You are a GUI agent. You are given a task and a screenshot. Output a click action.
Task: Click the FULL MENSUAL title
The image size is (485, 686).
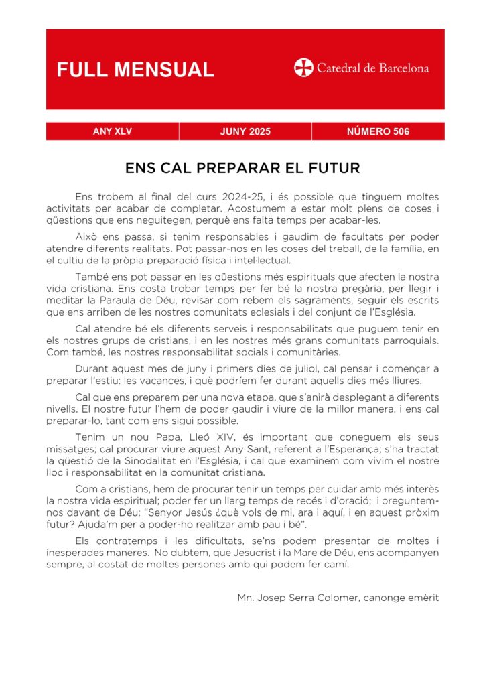click(x=135, y=70)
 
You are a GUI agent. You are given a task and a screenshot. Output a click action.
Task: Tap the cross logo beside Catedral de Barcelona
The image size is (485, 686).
click(x=303, y=68)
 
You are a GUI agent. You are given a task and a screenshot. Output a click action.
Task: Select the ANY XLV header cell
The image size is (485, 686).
click(x=112, y=131)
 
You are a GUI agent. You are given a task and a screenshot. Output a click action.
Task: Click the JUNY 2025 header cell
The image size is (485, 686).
click(x=245, y=131)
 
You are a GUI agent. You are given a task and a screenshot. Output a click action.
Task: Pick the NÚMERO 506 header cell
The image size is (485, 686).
click(x=378, y=131)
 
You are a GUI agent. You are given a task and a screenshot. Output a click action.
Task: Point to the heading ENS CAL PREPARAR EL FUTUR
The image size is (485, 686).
click(x=242, y=167)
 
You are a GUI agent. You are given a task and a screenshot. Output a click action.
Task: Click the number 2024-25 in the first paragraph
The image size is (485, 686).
click(x=241, y=196)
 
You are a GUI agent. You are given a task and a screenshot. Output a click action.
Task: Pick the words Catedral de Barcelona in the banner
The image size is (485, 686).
click(x=372, y=68)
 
